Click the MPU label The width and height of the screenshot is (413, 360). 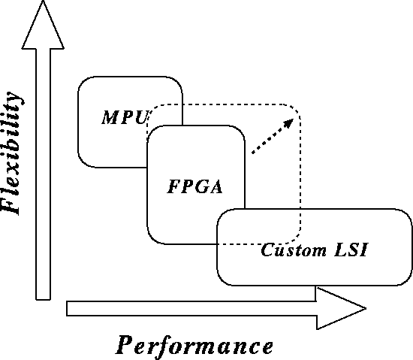coord(125,117)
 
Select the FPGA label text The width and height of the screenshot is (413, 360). coord(195,187)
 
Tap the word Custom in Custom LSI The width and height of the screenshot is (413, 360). coord(294,250)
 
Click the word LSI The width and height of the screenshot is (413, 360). coord(351,250)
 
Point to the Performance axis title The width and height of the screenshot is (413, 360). coord(194,346)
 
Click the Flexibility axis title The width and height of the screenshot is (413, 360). coord(11,153)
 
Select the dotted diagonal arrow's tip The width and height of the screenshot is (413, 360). coord(293,119)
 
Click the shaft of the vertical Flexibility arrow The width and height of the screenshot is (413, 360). coord(43,174)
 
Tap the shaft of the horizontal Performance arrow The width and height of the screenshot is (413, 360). coord(191,308)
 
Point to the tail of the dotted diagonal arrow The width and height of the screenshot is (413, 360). coord(252,153)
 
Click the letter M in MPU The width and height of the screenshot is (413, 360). coord(110,117)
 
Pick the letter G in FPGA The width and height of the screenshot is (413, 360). coord(199,187)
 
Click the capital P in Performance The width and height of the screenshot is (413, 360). coord(127,344)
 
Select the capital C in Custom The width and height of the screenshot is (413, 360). coord(268,250)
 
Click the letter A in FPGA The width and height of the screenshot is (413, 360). coord(216,187)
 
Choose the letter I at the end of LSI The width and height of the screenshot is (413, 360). coord(363,250)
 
